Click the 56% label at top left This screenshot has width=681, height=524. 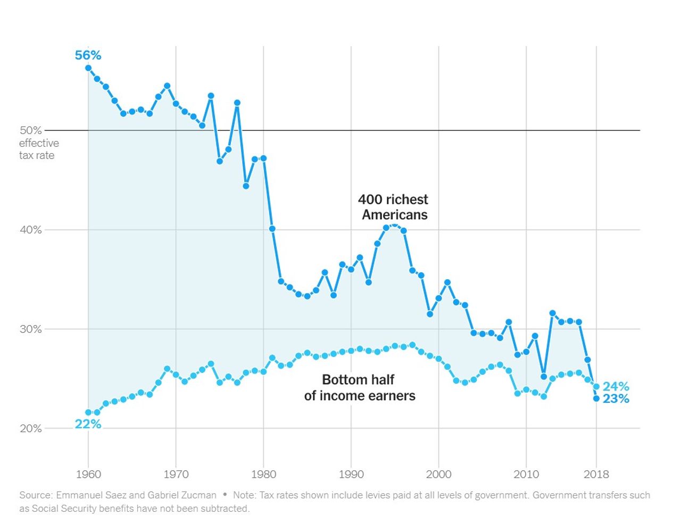(88, 55)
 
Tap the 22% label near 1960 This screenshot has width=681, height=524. (88, 424)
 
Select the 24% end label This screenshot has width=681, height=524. (616, 386)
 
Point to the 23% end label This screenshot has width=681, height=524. (616, 399)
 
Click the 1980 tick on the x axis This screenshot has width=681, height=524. (263, 475)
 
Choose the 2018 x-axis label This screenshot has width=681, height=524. (596, 475)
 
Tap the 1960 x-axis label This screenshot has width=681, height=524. (88, 475)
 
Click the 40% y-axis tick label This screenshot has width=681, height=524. (30, 230)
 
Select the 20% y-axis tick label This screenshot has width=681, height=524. (30, 429)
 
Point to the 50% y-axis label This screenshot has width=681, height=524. (30, 130)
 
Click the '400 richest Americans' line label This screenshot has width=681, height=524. (393, 207)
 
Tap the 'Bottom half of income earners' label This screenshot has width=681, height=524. (359, 388)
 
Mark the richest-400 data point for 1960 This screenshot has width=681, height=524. (88, 68)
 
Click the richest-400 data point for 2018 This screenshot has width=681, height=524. (596, 398)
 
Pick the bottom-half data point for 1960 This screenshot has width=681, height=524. (88, 412)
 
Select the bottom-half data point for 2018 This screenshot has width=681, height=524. (596, 387)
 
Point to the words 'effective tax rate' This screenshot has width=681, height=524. (38, 149)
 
